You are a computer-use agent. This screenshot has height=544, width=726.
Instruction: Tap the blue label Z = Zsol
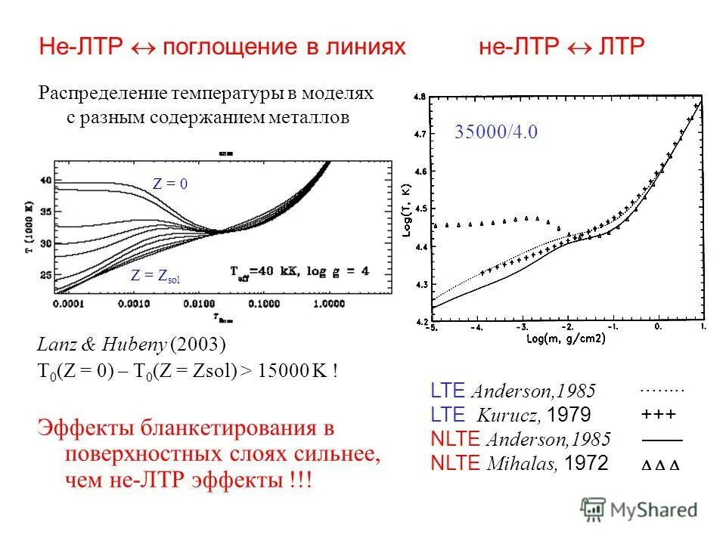[x=156, y=277]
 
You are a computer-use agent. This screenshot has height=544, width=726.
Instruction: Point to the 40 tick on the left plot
[x=45, y=181]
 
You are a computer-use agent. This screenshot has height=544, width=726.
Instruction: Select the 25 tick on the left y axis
[x=45, y=274]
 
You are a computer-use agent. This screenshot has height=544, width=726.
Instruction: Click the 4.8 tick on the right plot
[x=420, y=97]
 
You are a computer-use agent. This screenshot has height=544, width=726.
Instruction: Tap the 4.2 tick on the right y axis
[x=420, y=321]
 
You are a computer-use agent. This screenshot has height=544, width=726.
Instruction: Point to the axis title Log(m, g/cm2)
[x=566, y=338]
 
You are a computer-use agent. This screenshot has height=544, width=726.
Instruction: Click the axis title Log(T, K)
[x=408, y=210]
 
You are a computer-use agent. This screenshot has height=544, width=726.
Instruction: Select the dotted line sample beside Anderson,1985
[x=661, y=391]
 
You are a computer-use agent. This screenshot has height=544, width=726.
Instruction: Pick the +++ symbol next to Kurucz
[x=659, y=415]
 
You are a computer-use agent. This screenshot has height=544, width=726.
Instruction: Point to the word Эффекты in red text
[x=85, y=429]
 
